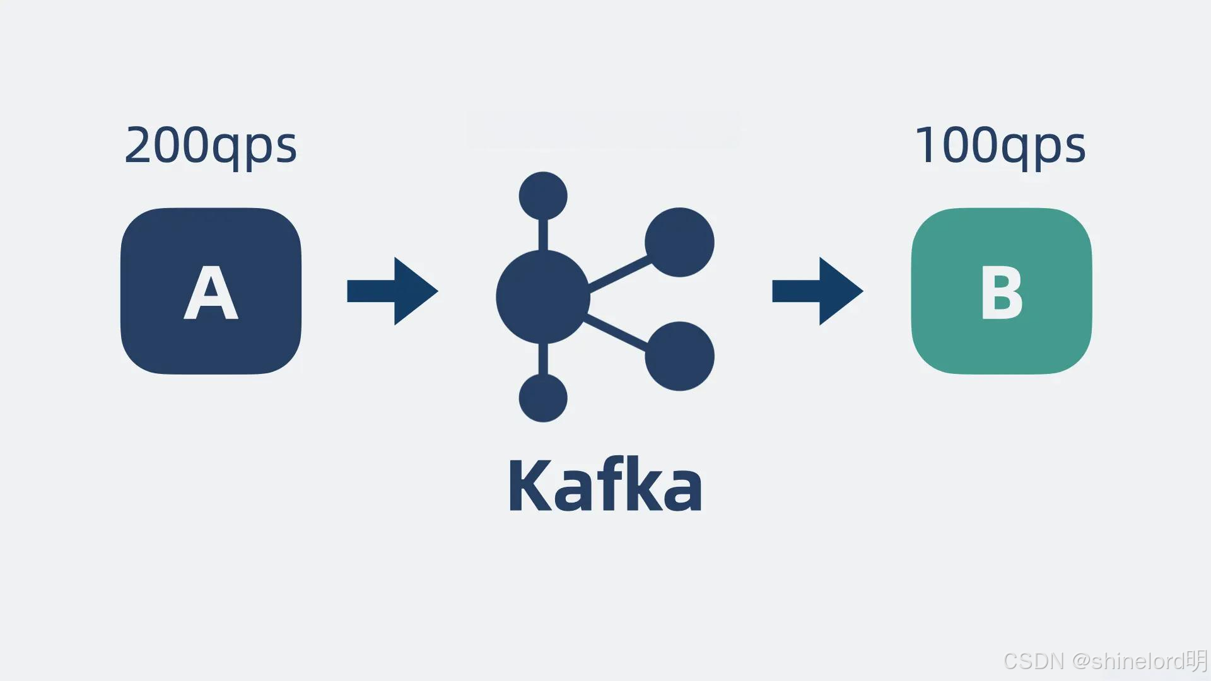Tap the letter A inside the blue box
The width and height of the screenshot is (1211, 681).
coord(211,293)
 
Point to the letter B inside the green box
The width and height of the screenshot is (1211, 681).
coord(1001,293)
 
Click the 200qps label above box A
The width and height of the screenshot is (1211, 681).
coord(211,146)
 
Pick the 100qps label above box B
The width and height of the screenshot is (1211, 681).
coord(1000,146)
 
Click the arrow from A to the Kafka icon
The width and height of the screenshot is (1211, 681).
coord(392,291)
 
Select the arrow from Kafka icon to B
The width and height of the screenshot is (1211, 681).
coord(817,291)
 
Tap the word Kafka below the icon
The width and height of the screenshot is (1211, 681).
coord(605,486)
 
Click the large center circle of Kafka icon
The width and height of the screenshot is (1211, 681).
coord(542,297)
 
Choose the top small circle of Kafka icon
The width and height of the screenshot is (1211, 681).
coord(543,195)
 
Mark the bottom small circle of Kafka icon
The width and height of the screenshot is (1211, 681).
coord(543,398)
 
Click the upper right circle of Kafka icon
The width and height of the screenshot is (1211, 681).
coord(679,242)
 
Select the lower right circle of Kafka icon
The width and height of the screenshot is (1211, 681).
coord(679,356)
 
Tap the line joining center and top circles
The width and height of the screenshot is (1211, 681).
coord(543,235)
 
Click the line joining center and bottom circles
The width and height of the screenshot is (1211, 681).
coord(543,359)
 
